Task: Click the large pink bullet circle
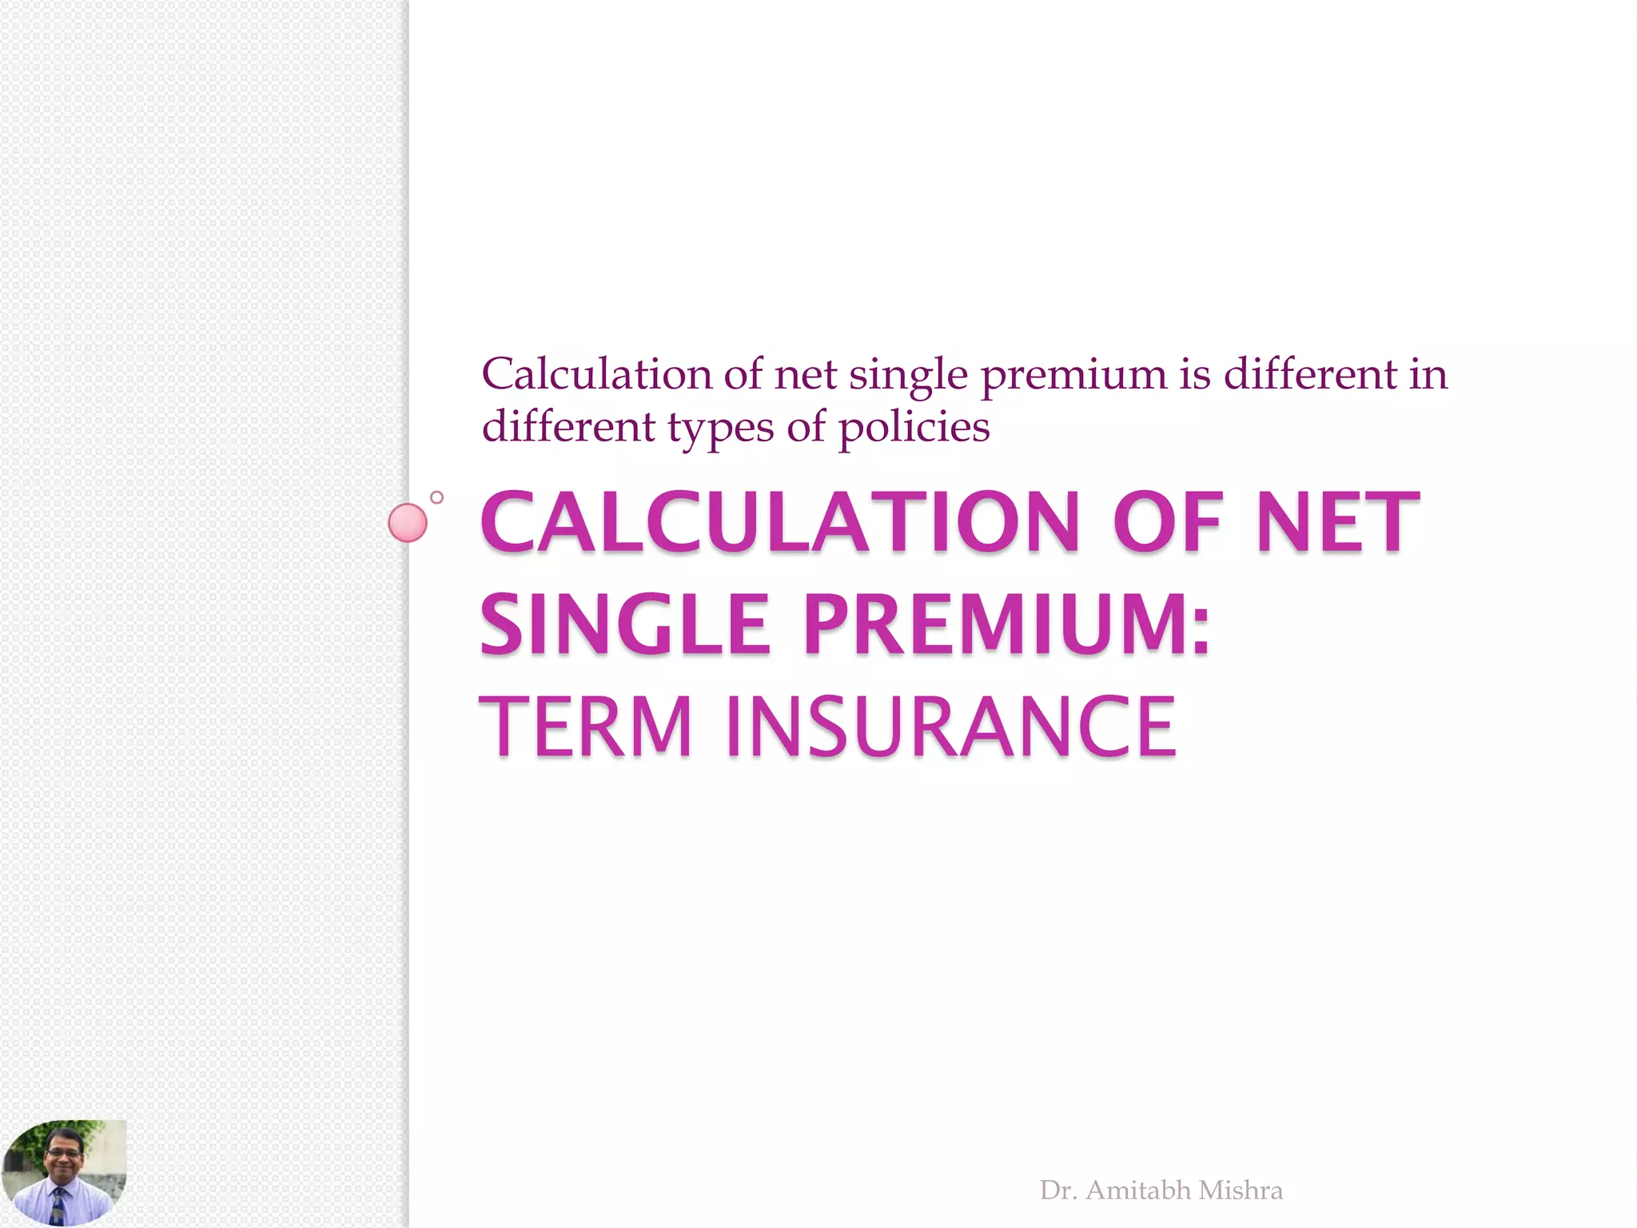coord(408,523)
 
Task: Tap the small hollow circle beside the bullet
coord(436,497)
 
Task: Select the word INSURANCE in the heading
coord(950,727)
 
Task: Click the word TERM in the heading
coord(585,727)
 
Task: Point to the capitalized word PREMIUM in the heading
coord(1007,624)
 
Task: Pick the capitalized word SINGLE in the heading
coord(624,624)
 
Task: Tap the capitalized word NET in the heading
coord(1337,523)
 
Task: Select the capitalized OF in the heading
coord(1167,523)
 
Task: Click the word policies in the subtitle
coord(914,427)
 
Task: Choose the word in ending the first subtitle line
coord(1428,374)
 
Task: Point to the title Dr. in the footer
coord(1058,1190)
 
